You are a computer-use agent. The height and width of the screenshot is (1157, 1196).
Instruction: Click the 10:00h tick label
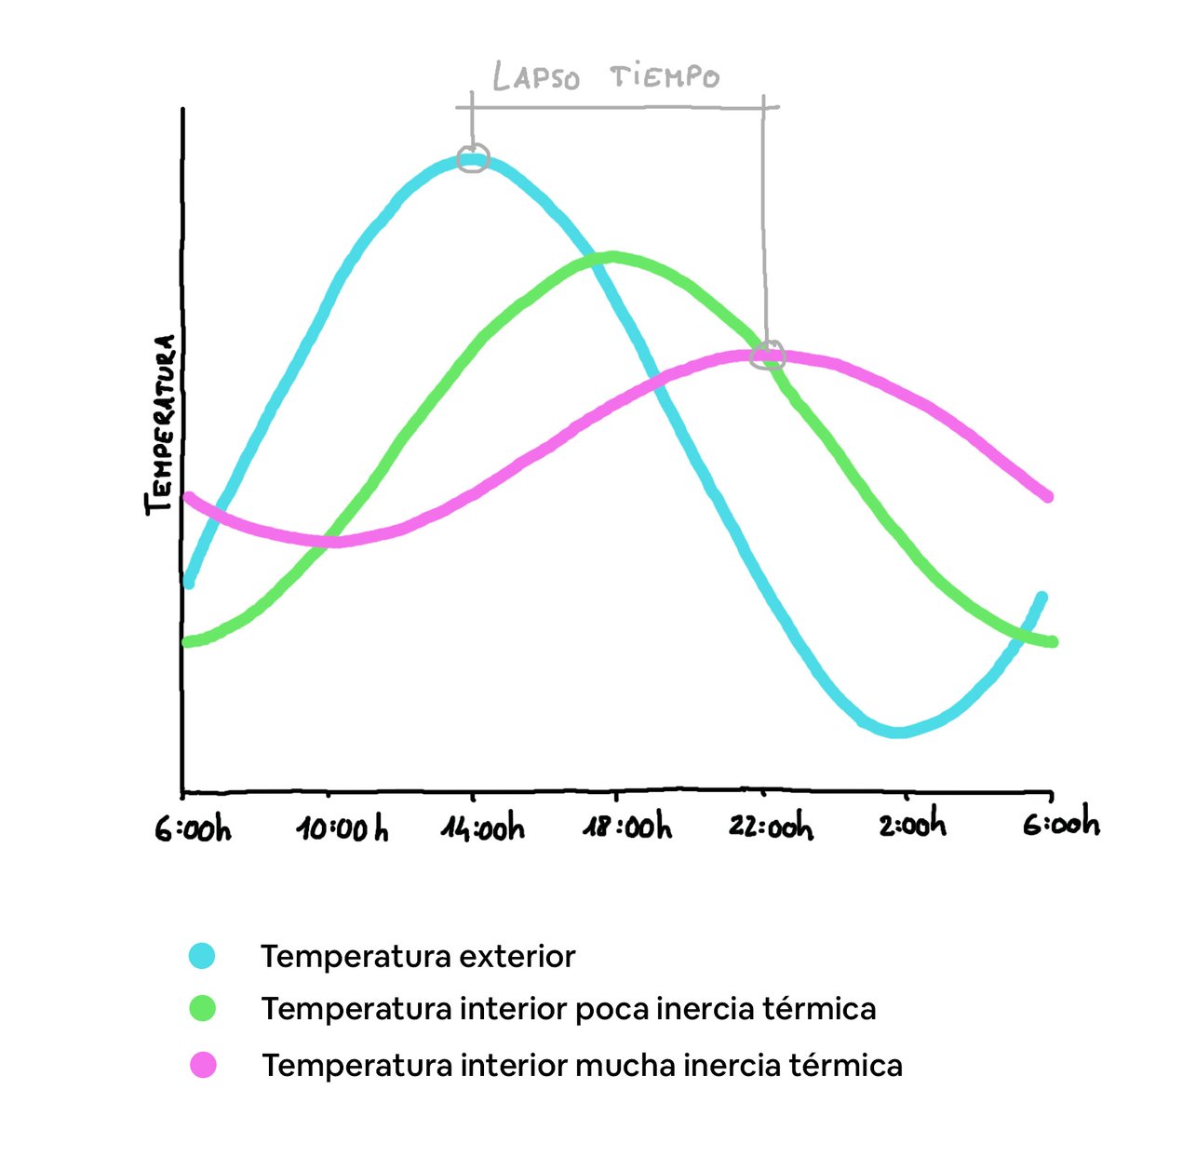tap(343, 828)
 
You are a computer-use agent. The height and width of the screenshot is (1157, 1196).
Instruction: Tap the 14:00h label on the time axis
tap(482, 828)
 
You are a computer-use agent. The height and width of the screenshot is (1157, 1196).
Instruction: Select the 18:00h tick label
tap(626, 827)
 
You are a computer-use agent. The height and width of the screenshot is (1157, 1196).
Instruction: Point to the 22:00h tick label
tap(771, 827)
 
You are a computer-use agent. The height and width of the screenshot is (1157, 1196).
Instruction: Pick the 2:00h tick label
tap(912, 825)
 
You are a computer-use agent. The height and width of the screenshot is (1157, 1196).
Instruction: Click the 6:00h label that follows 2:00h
tap(1061, 825)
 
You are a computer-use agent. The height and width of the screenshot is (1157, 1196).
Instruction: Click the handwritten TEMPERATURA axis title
tap(160, 424)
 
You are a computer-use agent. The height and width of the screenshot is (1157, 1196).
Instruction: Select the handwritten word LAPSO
tap(535, 77)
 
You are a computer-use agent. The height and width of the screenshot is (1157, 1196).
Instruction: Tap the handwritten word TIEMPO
tap(665, 76)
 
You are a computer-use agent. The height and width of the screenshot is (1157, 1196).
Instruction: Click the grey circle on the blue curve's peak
tap(474, 158)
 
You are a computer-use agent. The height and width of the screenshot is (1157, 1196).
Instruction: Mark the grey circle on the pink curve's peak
tap(769, 355)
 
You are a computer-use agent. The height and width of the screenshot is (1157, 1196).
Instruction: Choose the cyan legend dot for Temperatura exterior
tap(202, 956)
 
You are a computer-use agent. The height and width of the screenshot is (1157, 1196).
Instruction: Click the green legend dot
tap(202, 1009)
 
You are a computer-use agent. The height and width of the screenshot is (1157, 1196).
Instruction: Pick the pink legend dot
tap(203, 1065)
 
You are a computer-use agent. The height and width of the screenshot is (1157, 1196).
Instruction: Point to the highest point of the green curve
tap(611, 258)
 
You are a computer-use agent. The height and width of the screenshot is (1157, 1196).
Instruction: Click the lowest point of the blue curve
tap(897, 732)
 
